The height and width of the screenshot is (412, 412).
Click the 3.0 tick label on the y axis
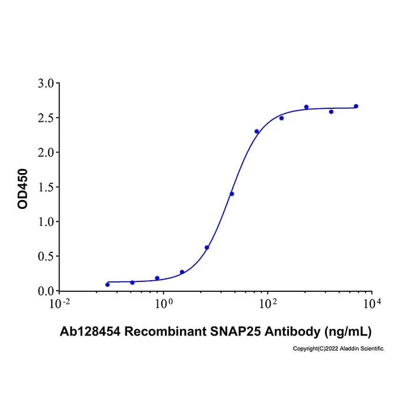click(45, 84)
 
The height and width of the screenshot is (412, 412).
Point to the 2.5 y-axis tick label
click(45, 118)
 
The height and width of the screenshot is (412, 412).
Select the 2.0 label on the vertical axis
click(45, 152)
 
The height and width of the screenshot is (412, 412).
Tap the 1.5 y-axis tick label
click(45, 187)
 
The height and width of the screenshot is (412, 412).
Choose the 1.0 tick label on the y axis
click(45, 222)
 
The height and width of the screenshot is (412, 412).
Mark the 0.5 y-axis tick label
click(45, 257)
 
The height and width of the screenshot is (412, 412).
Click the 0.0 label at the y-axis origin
click(45, 291)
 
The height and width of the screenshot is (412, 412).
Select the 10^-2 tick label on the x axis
click(60, 304)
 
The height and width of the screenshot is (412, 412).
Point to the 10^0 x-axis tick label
click(164, 304)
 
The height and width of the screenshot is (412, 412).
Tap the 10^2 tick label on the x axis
click(268, 304)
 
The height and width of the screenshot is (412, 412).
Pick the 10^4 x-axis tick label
click(372, 304)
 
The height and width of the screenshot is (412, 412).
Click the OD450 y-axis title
click(22, 189)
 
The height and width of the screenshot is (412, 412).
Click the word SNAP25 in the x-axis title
click(235, 331)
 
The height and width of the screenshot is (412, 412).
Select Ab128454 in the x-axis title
click(90, 331)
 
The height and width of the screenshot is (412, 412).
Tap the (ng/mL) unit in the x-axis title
click(348, 332)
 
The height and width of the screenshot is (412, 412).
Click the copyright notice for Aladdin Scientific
click(338, 348)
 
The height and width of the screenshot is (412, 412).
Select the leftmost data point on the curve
click(108, 284)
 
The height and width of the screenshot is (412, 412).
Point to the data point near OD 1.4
click(232, 194)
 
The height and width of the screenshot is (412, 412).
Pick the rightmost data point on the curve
click(356, 106)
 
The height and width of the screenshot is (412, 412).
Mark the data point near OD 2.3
click(257, 131)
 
